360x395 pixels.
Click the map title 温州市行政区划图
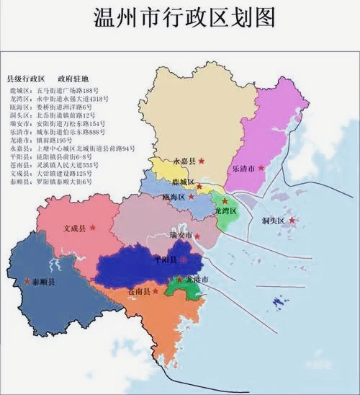click(179, 19)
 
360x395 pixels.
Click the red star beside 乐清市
click(262, 168)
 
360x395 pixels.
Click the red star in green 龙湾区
click(225, 201)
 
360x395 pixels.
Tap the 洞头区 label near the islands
click(274, 220)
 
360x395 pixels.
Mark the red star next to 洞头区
click(292, 221)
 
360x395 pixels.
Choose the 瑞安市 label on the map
click(181, 235)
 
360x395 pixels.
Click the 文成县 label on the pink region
click(74, 228)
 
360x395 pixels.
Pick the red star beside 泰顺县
click(26, 280)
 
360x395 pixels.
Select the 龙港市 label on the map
click(197, 278)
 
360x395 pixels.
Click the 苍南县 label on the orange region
click(138, 291)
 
